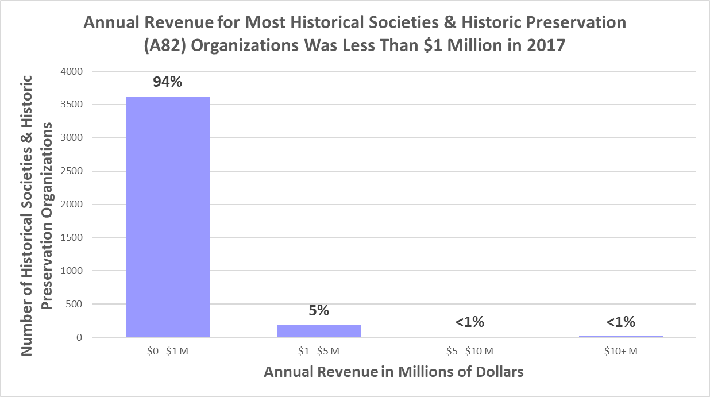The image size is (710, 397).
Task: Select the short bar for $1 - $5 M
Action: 319,331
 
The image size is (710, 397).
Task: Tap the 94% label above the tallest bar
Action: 167,82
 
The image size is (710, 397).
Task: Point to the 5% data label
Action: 319,311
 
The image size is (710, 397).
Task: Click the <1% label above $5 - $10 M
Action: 470,322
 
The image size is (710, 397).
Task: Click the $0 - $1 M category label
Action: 167,351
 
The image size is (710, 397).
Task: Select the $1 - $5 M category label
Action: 319,351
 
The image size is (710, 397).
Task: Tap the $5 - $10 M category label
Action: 470,351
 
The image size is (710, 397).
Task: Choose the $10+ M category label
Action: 621,351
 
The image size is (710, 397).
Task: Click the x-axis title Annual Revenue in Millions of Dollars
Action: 393,372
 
